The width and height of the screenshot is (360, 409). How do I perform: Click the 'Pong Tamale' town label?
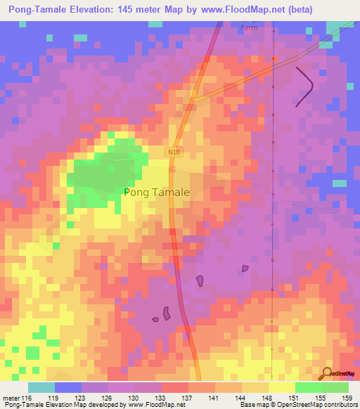(156, 191)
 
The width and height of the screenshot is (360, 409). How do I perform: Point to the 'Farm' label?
(249, 27)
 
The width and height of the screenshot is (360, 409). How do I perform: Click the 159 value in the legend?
(346, 397)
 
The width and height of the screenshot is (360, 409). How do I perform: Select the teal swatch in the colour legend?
(41, 387)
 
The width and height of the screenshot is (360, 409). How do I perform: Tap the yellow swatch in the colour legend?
(281, 387)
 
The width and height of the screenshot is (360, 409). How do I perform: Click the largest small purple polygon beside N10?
(167, 313)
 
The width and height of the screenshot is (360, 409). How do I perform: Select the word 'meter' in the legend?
(12, 397)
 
